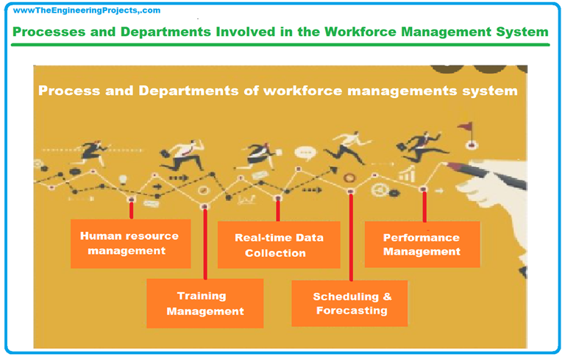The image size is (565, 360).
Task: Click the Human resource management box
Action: pos(130,244)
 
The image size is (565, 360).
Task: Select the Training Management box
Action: pos(205,303)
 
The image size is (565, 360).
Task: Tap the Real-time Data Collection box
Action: pos(279,245)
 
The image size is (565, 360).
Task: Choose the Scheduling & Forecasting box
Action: pos(351,303)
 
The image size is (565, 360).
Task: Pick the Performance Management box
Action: pos(422,244)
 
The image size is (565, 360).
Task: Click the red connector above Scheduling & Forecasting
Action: pos(351,237)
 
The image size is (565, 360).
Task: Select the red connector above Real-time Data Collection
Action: pos(278,209)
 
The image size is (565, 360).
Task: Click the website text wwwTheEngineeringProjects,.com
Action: pos(86,10)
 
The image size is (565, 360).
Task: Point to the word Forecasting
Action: pos(352,311)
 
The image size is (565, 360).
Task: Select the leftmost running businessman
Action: pos(93,150)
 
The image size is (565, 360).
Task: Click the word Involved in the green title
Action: pos(259,32)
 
